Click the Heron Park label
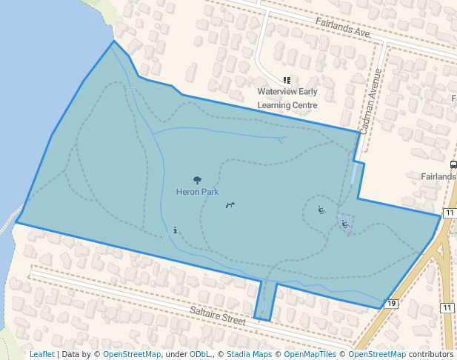(197, 191)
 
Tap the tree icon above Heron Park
(197, 180)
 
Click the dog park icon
(230, 205)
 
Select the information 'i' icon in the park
(175, 230)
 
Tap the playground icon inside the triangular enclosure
(345, 224)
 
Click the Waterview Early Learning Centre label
(287, 99)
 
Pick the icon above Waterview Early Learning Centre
(287, 81)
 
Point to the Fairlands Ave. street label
(342, 29)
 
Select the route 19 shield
(392, 304)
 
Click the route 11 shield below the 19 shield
(447, 307)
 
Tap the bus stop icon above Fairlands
(453, 164)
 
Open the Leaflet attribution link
(41, 354)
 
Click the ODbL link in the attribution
(199, 354)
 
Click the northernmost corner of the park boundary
(113, 41)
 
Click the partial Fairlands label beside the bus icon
(438, 177)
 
